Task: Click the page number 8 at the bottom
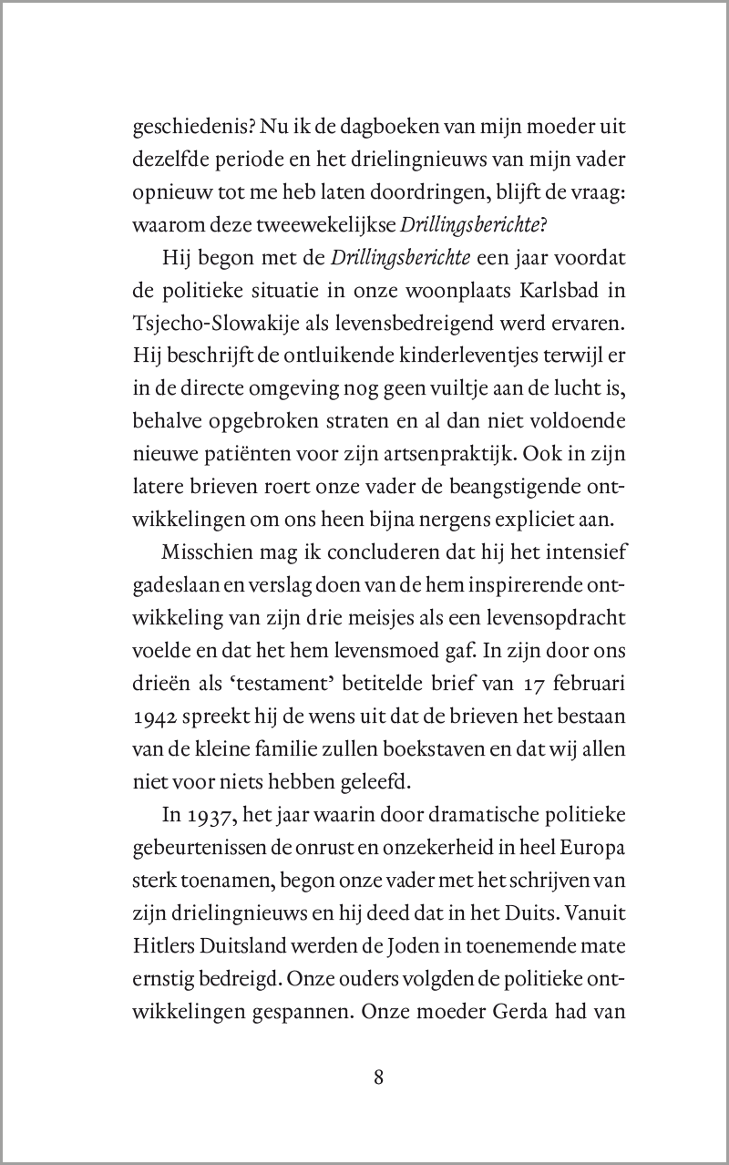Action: click(x=378, y=1077)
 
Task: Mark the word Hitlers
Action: click(x=163, y=932)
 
